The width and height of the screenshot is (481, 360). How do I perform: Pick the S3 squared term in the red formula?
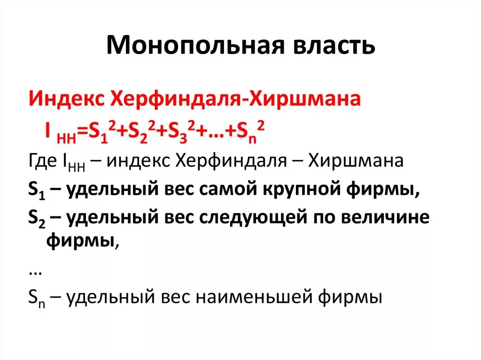179,132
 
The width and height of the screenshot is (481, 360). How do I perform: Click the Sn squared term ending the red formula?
249,132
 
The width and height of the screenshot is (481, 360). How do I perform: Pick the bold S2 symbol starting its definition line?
36,219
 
